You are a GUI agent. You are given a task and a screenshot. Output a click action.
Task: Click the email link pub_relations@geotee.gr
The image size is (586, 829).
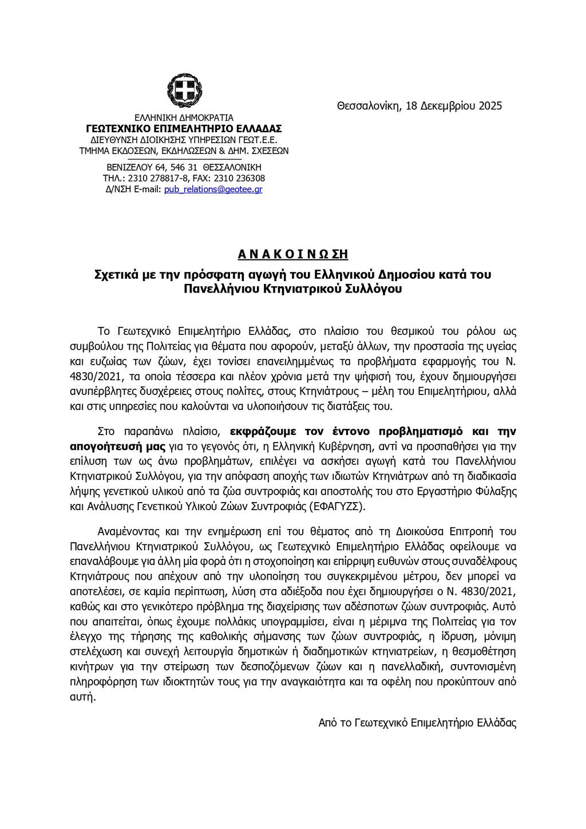point(213,189)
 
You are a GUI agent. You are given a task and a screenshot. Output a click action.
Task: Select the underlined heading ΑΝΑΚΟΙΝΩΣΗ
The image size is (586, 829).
point(292,254)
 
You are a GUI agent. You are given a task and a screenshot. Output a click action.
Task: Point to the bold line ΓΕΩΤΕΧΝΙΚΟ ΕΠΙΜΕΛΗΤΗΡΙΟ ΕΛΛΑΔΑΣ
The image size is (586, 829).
point(184,129)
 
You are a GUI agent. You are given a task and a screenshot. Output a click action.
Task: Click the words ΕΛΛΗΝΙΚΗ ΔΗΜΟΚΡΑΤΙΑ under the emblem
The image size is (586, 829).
point(184,118)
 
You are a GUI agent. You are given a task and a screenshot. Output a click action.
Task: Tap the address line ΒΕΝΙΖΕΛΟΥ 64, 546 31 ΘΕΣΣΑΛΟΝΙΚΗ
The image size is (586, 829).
point(184,167)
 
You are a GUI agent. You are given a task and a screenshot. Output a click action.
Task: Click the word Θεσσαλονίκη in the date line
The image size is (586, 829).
point(370,106)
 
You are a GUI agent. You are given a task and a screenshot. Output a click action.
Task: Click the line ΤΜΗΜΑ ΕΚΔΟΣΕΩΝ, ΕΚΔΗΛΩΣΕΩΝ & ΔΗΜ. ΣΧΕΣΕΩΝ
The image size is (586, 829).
point(184,151)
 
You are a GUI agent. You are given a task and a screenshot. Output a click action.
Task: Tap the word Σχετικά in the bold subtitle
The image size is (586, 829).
point(115,275)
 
